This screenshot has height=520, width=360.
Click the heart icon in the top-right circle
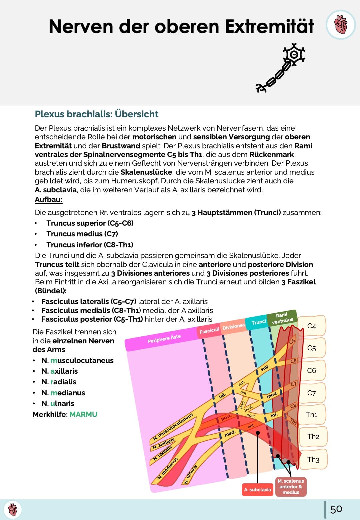(x=341, y=25)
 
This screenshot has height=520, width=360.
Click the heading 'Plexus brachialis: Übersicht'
(x=96, y=114)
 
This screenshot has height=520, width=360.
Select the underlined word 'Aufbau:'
(x=49, y=200)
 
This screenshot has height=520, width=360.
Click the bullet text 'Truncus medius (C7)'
(x=82, y=234)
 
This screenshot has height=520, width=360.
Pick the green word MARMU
(x=83, y=414)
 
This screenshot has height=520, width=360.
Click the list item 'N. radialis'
(x=59, y=382)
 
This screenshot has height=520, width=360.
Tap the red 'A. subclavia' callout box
(x=257, y=490)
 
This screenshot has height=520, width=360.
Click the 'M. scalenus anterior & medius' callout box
(x=291, y=487)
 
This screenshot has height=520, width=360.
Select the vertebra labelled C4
(x=312, y=326)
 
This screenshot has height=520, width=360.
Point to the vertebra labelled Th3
(x=313, y=460)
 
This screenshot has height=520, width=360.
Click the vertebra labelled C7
(x=312, y=393)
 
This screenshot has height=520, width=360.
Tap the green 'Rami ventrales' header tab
(x=282, y=318)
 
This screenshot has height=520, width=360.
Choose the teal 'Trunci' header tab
(x=258, y=322)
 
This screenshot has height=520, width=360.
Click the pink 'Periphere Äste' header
(x=164, y=338)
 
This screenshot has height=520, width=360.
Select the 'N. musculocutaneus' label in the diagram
(x=173, y=427)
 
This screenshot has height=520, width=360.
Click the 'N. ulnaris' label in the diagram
(x=191, y=474)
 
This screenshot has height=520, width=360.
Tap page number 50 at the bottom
(x=336, y=509)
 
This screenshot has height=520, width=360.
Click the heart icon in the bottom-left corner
(x=13, y=510)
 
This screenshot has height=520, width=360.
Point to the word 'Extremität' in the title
(x=269, y=26)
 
